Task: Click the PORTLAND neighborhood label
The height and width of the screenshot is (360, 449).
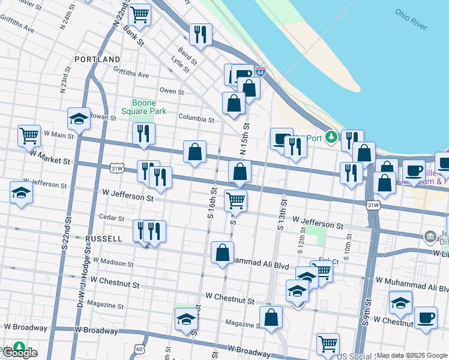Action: [x=97, y=59]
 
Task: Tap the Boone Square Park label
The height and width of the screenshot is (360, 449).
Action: [x=143, y=107]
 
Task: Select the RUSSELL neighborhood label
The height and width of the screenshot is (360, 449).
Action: [x=104, y=238]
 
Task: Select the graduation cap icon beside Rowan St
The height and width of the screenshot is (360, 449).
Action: [x=79, y=119]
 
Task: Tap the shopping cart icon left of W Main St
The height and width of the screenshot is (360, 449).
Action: [x=29, y=136]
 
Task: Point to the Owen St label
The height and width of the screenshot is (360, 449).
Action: [x=172, y=91]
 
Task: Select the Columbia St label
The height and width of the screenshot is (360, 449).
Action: [x=196, y=119]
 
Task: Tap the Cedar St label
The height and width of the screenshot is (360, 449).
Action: [x=112, y=218]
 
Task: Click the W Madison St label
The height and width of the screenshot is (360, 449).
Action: [x=112, y=263]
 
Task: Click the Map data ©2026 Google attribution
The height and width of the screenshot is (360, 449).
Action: [x=411, y=355]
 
